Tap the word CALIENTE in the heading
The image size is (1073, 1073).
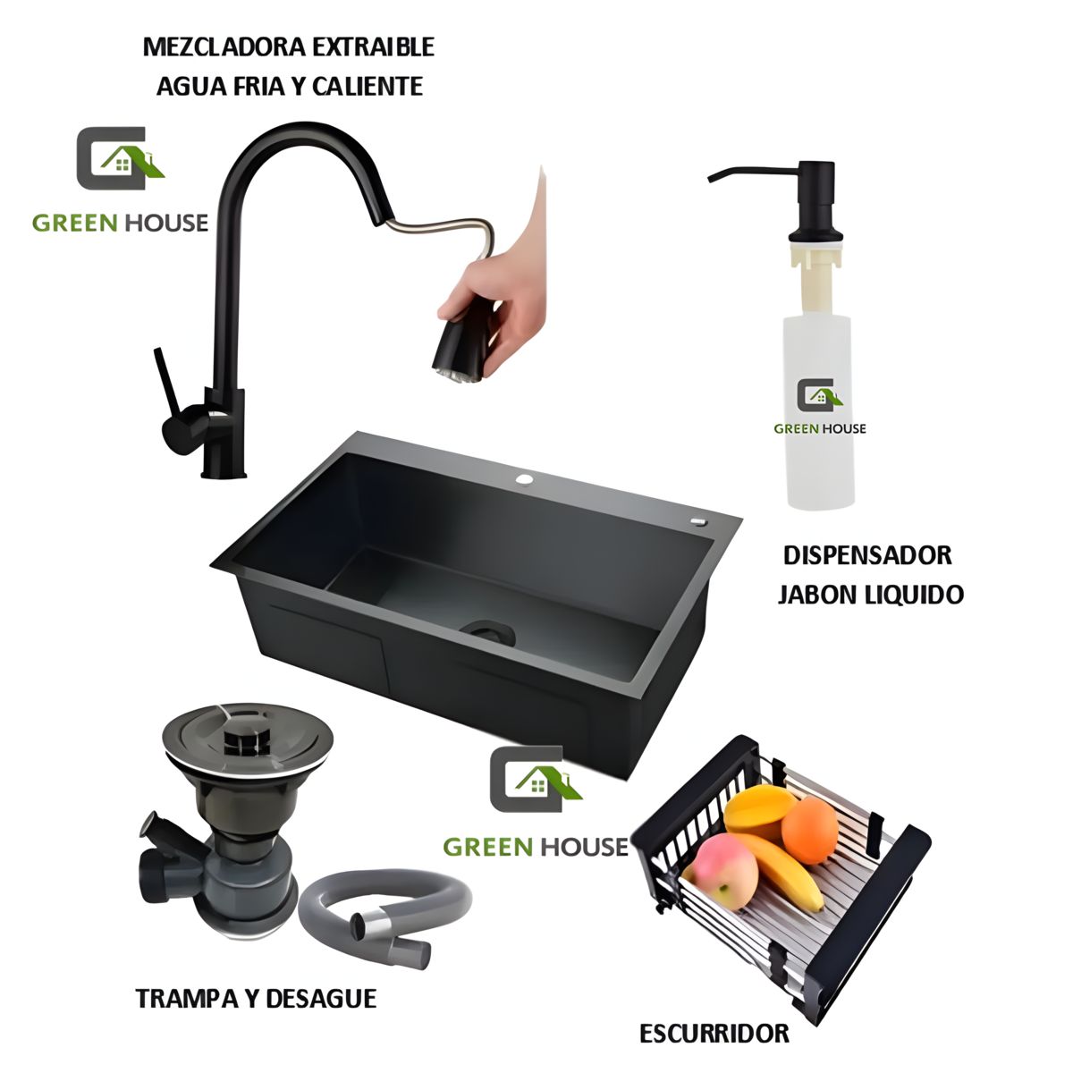368,87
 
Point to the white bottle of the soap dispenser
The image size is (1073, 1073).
817,412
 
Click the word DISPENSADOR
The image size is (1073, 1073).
867,555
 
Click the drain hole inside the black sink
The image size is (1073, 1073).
488,631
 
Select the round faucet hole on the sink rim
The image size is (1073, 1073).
524,478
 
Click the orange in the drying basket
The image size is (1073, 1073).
809,829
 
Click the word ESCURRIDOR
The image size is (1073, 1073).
714,1034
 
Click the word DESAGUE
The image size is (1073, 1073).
321,999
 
